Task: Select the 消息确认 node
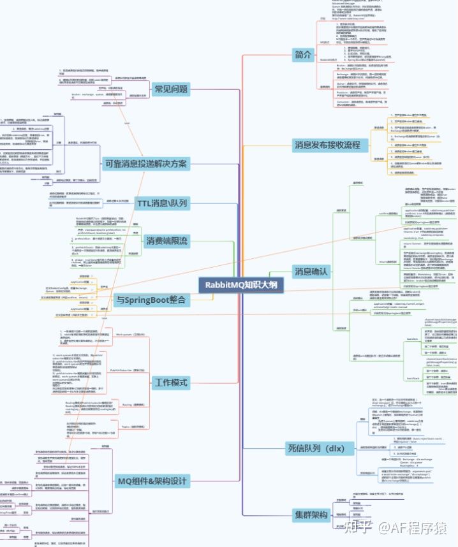pos(311,271)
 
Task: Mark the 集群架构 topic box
pos(311,514)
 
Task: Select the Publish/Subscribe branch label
pos(126,370)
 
